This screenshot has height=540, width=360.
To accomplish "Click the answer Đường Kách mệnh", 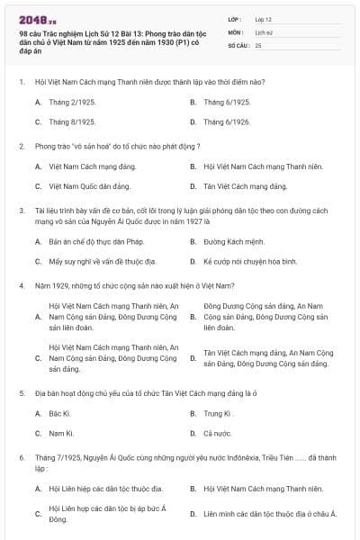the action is click(x=234, y=242).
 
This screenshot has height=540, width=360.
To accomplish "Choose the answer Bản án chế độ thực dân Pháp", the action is click(x=93, y=242).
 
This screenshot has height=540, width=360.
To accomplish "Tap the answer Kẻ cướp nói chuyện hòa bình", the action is click(x=250, y=261).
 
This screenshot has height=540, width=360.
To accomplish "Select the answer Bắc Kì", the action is click(x=59, y=413).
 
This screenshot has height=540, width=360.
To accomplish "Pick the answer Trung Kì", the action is click(x=218, y=413).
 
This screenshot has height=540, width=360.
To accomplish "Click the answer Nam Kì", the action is click(x=60, y=433).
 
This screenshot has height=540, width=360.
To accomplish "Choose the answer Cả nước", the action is click(x=218, y=433).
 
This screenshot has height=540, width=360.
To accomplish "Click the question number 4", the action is click(x=21, y=285).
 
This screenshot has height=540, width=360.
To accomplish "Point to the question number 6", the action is click(x=21, y=457).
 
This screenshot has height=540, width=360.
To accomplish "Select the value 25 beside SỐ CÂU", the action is click(x=258, y=44).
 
